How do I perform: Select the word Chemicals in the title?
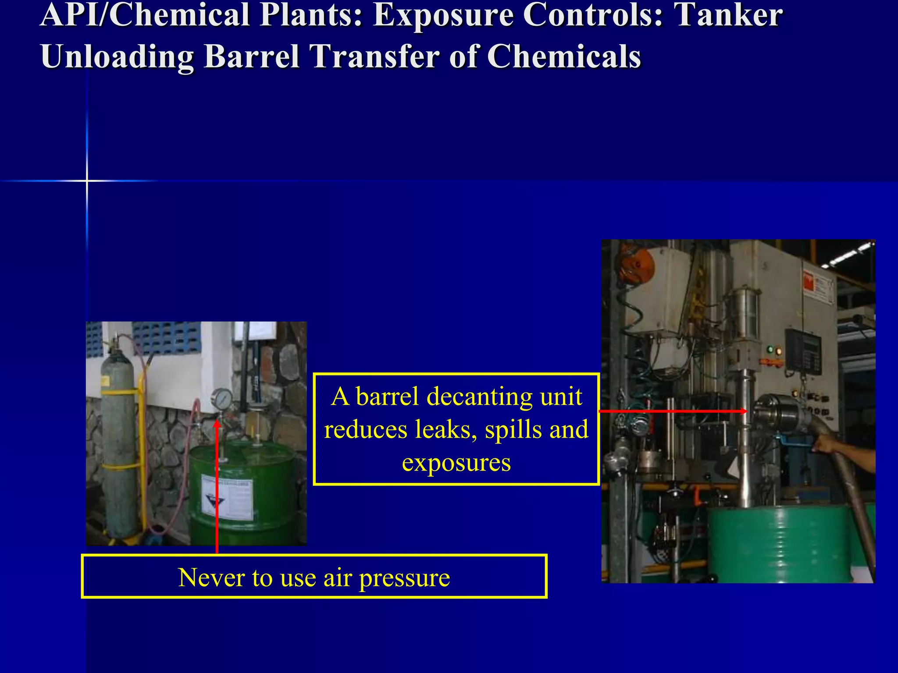(564, 57)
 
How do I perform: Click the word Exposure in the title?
(443, 16)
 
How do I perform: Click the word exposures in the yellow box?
(456, 463)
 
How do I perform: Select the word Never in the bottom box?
(211, 577)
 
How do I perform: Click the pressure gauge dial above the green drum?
(222, 398)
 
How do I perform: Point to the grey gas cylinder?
(117, 443)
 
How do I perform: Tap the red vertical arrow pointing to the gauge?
(217, 486)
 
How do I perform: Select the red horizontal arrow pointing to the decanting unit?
(673, 411)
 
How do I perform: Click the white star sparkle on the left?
(87, 181)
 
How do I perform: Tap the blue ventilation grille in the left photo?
(167, 337)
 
